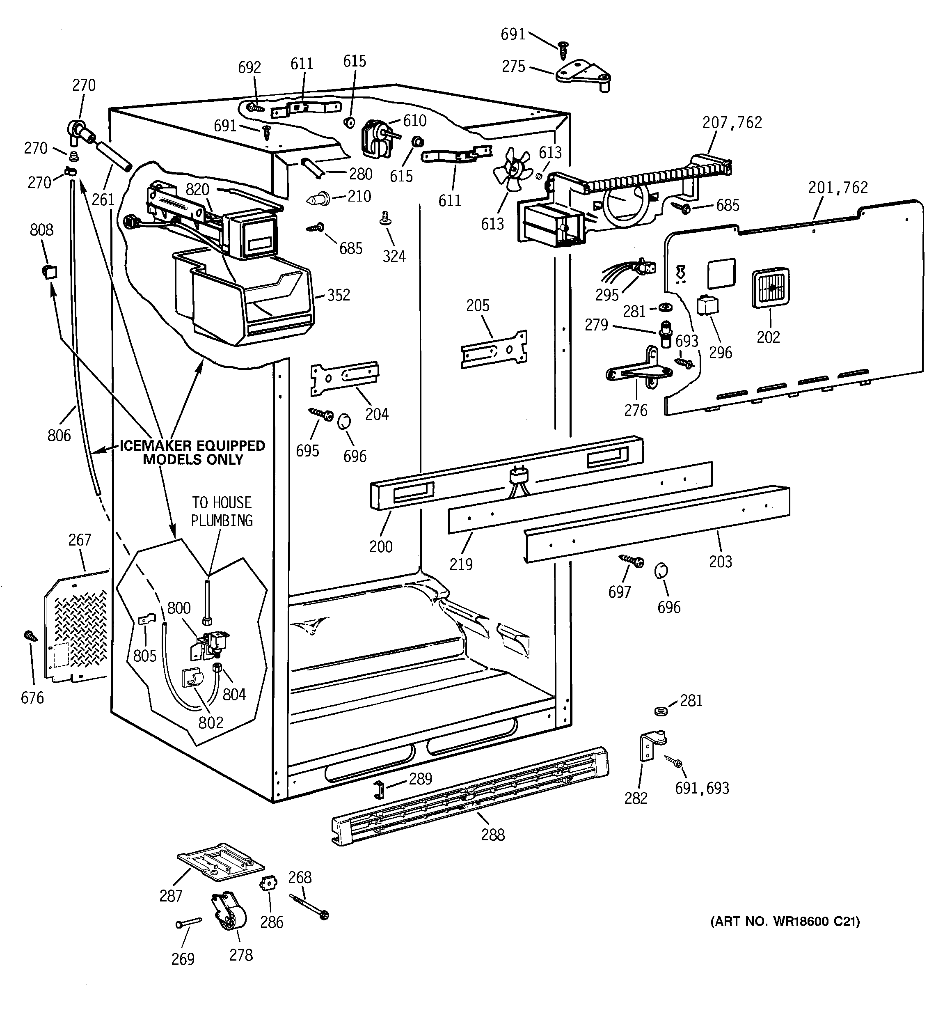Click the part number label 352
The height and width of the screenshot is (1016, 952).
[x=338, y=296]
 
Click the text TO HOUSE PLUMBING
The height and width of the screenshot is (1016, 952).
[x=222, y=511]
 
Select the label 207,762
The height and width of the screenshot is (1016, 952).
[x=732, y=123]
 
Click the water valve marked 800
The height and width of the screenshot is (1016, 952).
[x=214, y=644]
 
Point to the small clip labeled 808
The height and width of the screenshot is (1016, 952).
[x=49, y=271]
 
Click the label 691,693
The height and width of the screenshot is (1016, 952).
[x=702, y=788]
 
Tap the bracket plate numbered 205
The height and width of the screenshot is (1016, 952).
[x=494, y=350]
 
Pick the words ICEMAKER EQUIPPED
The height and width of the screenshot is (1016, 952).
[x=192, y=446]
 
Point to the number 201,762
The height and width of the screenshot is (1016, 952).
[x=838, y=188]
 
